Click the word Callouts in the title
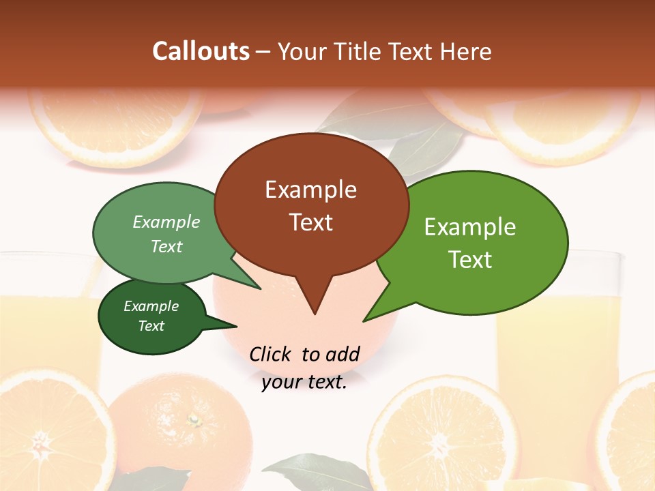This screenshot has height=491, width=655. (201, 51)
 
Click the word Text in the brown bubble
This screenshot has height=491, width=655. (311, 222)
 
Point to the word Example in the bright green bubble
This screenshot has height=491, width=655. (470, 227)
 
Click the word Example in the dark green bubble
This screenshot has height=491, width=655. (151, 306)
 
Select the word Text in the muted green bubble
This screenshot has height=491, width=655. (166, 247)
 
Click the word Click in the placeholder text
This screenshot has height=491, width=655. (272, 354)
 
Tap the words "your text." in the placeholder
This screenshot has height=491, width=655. (304, 383)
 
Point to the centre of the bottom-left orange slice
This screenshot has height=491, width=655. (41, 447)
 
